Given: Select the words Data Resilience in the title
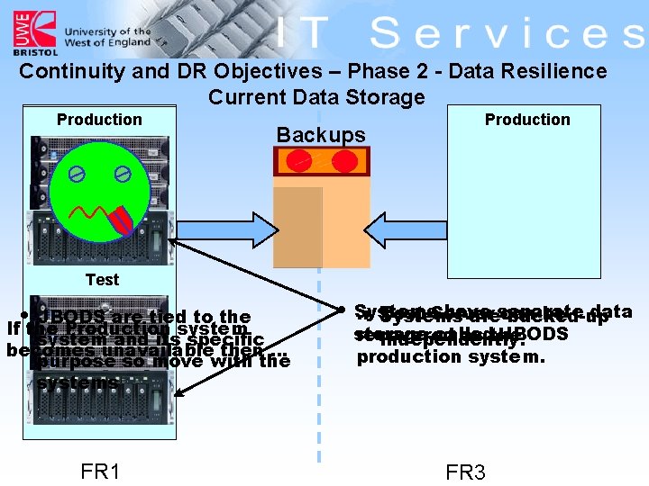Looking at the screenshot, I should (531, 71).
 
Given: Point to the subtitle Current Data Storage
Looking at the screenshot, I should (316, 97).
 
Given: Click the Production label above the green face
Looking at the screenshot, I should (99, 120).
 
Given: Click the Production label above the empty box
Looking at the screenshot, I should (527, 120).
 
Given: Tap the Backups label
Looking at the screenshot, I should (321, 135).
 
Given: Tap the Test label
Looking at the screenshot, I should (102, 280).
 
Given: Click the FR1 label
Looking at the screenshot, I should (100, 472).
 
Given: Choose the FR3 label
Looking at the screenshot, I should (466, 472).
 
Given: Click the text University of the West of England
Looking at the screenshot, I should (107, 37).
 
